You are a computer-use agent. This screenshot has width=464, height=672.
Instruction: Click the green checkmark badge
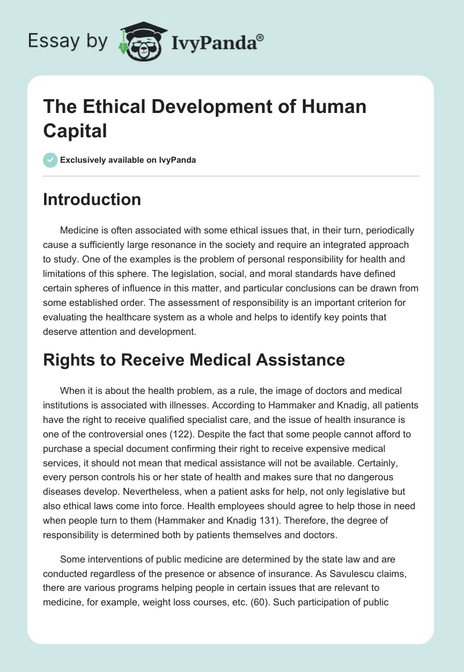[50, 160]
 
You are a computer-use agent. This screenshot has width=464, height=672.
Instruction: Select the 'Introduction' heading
[92, 199]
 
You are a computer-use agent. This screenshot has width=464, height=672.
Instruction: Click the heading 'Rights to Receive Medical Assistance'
[194, 360]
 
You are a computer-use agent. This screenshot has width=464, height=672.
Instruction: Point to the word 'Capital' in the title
[75, 130]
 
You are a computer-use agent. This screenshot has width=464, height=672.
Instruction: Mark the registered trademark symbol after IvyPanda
[260, 36]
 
